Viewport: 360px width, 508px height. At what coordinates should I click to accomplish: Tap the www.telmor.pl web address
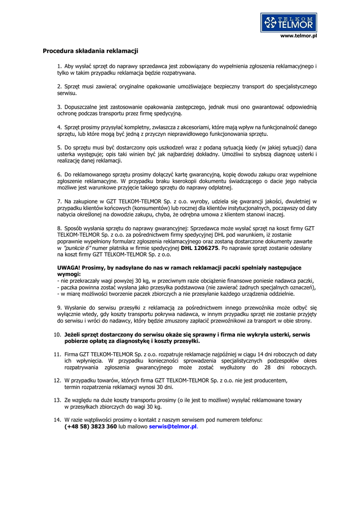tap(299, 36)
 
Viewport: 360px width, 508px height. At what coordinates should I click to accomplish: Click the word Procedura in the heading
tap(58, 51)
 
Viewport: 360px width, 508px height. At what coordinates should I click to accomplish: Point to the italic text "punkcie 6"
tap(75, 248)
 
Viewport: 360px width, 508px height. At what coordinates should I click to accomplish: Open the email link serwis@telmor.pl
tap(173, 426)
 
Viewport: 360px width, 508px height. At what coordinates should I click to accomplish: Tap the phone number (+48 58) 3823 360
tap(90, 426)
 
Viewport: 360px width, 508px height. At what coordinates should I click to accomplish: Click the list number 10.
tap(57, 335)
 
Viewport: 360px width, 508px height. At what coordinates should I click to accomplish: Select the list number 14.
tap(57, 420)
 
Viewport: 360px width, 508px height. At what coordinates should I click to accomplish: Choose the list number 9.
tap(59, 308)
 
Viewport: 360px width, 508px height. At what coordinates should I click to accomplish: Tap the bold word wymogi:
tap(69, 274)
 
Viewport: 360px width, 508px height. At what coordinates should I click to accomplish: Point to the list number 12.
tap(57, 381)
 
